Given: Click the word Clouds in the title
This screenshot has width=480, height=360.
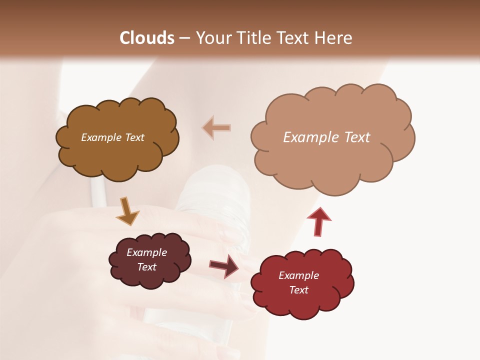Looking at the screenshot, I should tap(147, 38).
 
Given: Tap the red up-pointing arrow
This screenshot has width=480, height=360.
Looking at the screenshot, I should tap(319, 221).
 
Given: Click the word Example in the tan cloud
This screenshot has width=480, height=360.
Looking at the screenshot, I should tap(306, 137).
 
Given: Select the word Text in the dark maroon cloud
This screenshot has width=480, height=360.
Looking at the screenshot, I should tap(147, 267).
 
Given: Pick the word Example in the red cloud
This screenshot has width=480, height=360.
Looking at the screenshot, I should tap(298, 275).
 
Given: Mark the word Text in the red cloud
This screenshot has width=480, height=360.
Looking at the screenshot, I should tap(298, 290).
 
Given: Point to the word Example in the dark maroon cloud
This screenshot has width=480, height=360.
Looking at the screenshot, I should tap(147, 252).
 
